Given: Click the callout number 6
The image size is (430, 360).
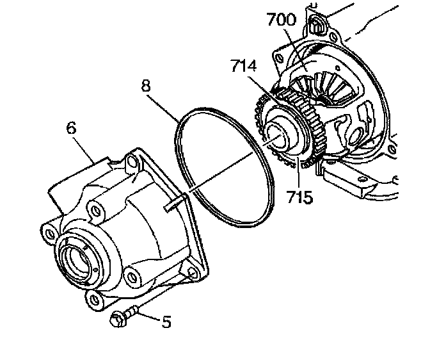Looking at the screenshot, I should (x=71, y=127).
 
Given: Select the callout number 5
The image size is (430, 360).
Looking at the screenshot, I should (x=166, y=322).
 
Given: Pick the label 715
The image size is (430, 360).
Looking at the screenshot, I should (x=300, y=196).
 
